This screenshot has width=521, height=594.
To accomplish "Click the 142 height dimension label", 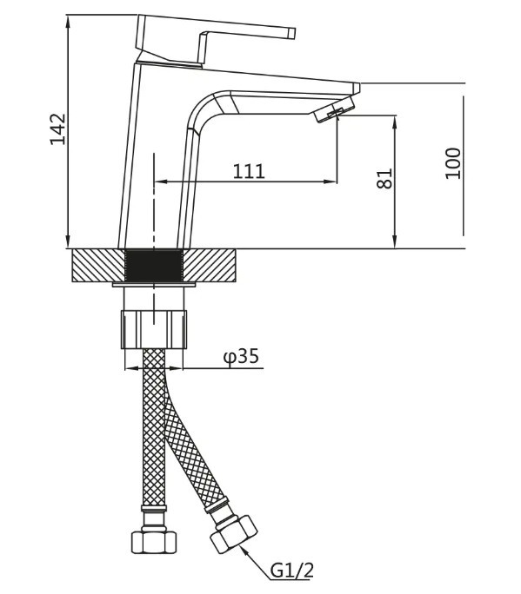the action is click(x=58, y=129).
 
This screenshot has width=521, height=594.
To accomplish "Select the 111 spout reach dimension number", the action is click(x=249, y=171).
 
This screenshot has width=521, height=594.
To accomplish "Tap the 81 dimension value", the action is click(x=384, y=178).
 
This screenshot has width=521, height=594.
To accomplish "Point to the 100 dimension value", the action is click(x=453, y=163).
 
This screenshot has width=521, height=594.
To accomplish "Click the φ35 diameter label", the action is click(x=241, y=356).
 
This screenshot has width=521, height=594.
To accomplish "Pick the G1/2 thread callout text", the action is click(x=292, y=571).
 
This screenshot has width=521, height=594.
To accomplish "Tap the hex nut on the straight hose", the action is click(x=154, y=542).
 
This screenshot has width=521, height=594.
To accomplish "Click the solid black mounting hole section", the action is click(x=154, y=266).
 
